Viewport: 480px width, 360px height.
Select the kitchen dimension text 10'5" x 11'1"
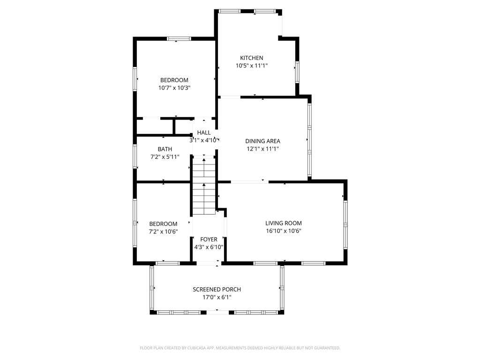[252, 66]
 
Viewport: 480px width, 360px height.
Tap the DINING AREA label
[262, 141]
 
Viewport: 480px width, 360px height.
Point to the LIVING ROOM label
[283, 223]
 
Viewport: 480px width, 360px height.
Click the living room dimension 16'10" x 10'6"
[283, 231]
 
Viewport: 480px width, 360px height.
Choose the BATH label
[151, 149]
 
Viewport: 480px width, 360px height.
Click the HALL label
[203, 133]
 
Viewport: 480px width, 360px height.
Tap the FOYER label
[209, 240]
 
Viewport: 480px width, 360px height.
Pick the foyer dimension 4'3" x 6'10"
[209, 247]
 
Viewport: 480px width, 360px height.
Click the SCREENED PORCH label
[217, 290]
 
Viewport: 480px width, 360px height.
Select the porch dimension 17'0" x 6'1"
[217, 297]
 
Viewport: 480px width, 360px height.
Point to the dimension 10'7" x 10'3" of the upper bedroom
[174, 88]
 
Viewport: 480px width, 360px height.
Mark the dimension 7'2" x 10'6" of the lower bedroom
[163, 232]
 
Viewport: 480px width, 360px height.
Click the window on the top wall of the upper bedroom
[179, 38]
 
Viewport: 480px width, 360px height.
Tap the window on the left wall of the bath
[135, 156]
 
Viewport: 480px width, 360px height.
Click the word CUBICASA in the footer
[196, 348]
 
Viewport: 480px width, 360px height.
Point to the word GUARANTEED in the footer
[324, 348]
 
